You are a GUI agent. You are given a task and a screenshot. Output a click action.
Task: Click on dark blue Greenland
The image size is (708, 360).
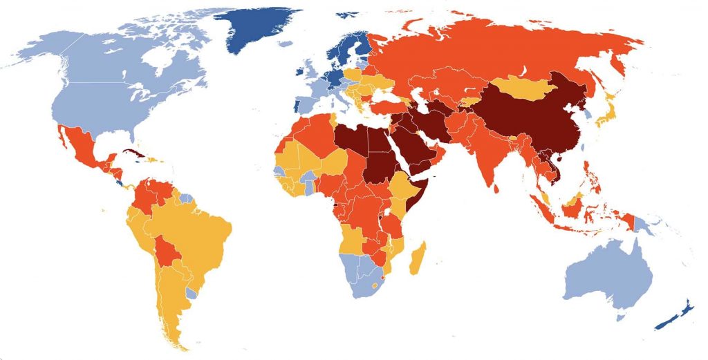259,28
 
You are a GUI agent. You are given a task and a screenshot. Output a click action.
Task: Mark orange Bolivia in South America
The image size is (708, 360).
167,251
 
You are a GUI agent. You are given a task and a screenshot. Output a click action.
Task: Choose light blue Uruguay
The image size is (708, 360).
192,293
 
